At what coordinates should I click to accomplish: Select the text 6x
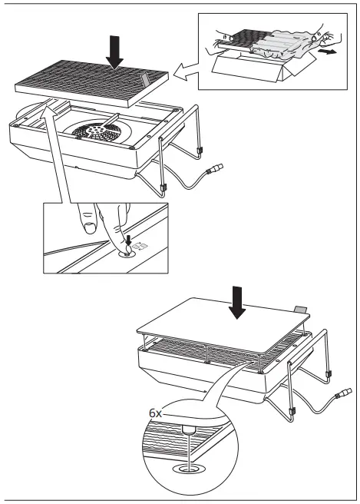point(157,413)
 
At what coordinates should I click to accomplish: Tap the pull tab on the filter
point(147,81)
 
